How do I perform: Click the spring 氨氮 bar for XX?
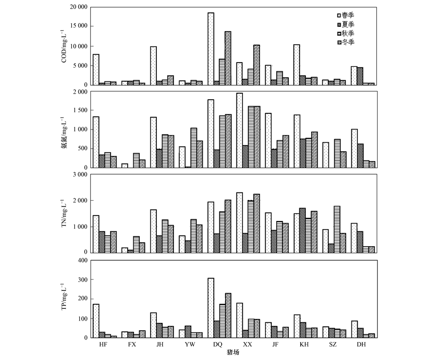[x=239, y=130]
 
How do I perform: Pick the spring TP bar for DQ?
[x=211, y=308]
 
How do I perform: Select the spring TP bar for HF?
[x=96, y=321]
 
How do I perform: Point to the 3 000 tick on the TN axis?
[x=79, y=174]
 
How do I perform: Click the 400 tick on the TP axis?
[x=81, y=260]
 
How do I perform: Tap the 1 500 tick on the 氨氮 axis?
[x=79, y=111]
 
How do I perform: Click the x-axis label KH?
[x=305, y=345]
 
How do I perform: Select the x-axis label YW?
[x=190, y=345]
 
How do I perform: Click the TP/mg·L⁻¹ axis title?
[x=64, y=299]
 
